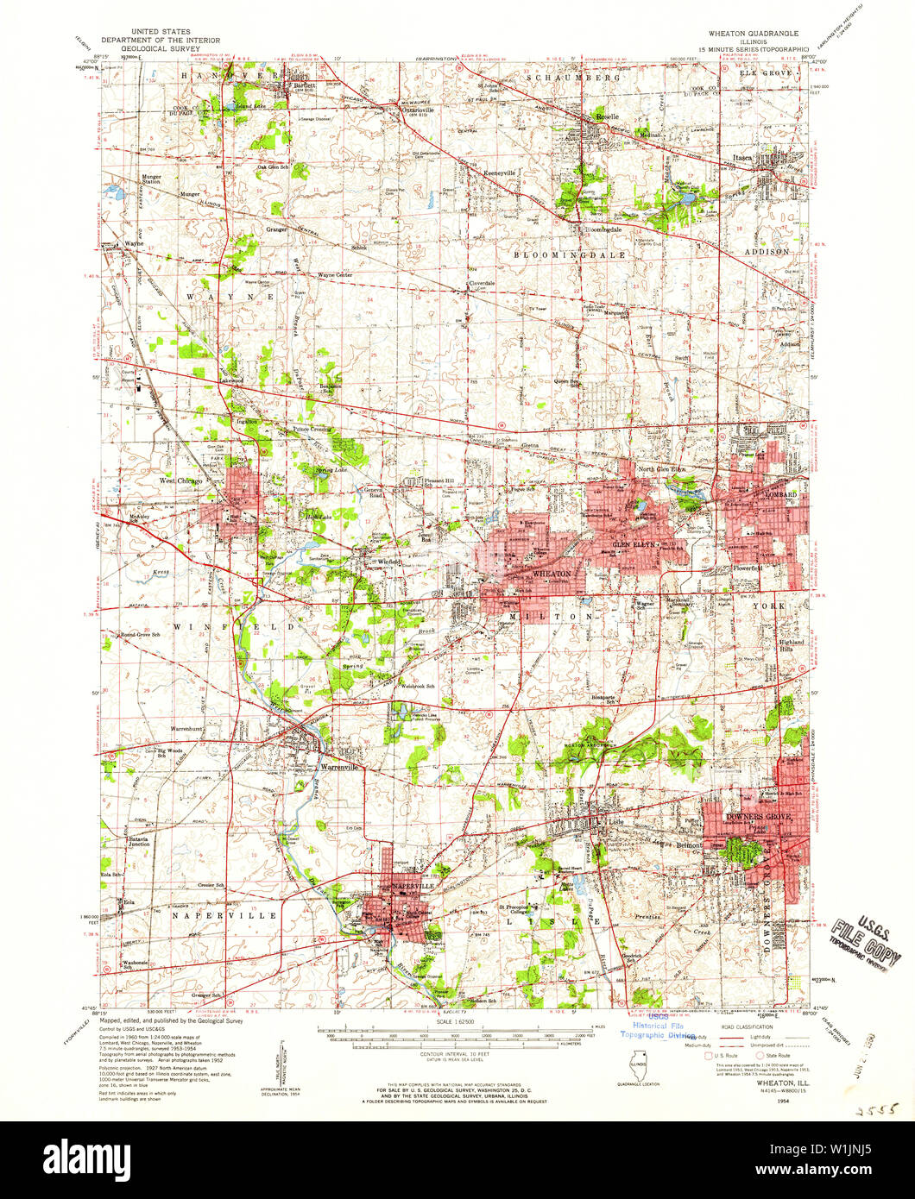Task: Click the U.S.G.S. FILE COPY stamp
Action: click(867, 938)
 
